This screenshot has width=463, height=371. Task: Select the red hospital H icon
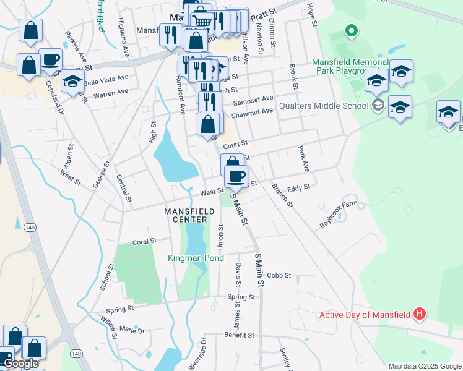[x=420, y=314]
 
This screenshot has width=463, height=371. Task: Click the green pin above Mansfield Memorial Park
[x=351, y=30]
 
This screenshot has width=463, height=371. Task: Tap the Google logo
[x=20, y=364]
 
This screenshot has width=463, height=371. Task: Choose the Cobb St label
[x=279, y=275]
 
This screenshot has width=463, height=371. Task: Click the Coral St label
[x=145, y=242]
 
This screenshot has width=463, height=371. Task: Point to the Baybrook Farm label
[x=339, y=214]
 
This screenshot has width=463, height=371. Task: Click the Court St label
[x=235, y=144]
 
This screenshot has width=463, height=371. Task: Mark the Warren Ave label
[x=111, y=94]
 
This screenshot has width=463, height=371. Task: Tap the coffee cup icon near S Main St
[x=235, y=176]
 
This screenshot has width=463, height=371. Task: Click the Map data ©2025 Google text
[x=424, y=365]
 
